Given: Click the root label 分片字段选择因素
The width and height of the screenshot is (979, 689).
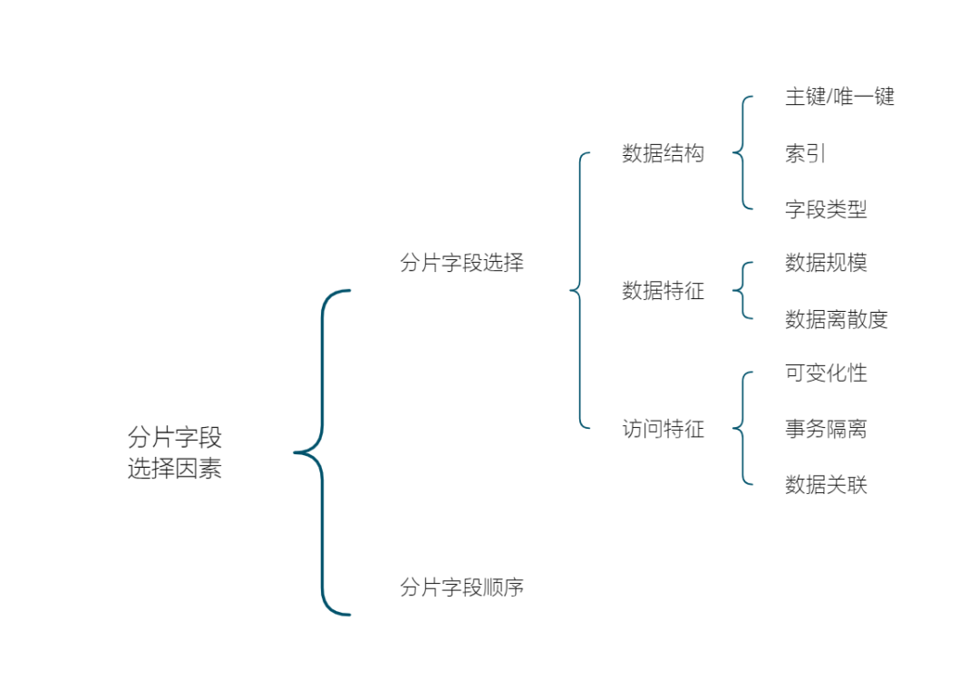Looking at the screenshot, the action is coord(175,453).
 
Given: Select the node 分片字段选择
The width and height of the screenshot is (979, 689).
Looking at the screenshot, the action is coord(461,263).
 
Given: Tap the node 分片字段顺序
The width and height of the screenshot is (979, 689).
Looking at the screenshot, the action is coord(461,587).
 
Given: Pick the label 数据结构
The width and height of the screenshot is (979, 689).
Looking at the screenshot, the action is coord(663,153).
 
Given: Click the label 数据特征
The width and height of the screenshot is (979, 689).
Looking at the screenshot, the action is coord(663,291).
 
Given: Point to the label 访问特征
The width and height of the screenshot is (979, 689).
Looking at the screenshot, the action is coord(663,429).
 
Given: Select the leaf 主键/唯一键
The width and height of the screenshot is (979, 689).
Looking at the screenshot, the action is coord(839,96).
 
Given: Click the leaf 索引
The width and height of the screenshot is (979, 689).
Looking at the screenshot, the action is coord(805,153).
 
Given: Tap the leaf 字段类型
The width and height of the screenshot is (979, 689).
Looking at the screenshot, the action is coord(826,209).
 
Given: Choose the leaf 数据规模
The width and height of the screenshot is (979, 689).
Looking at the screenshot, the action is coord(826,263).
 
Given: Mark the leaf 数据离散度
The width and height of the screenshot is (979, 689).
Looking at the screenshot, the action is coord(836,319).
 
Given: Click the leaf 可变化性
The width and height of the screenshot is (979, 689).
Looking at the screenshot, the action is coord(826,373).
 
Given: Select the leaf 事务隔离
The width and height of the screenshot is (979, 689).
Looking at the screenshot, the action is coord(826,429).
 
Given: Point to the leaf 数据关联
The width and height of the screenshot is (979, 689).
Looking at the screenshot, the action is coord(826,485).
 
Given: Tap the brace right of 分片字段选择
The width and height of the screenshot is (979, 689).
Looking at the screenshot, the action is coord(579,290).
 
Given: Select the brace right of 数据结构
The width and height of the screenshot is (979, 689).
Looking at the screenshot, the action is coord(742,152).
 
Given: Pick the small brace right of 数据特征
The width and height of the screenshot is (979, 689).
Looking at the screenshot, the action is coord(742,290).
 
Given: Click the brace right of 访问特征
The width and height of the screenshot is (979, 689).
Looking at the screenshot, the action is coord(742,428).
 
